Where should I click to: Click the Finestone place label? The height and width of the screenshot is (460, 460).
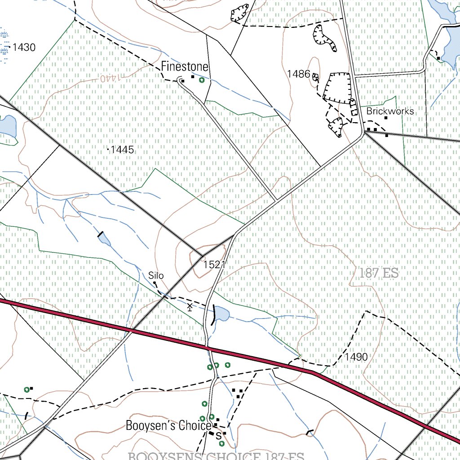coord(185,67)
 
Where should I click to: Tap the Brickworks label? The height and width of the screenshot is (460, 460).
coord(390,111)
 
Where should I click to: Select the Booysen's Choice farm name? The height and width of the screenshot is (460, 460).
coord(168,425)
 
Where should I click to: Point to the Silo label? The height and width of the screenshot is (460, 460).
coord(156,275)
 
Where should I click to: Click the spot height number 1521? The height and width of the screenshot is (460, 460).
coord(214,265)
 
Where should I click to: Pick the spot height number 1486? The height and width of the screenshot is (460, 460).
coord(299,73)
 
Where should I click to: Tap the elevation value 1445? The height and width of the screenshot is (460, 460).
coord(122,150)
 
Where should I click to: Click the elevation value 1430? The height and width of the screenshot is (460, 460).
coord(24,47)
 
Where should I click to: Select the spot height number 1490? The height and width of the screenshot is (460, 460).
coord(356,357)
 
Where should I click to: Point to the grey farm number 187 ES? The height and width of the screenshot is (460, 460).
coord(379,273)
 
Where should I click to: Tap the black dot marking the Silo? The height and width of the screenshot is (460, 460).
coord(155,283)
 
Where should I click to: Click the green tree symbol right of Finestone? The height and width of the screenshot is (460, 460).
coord(202,80)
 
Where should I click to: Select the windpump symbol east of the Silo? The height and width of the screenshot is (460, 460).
coord(190,307)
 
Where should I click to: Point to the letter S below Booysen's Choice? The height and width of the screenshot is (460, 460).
coord(219,435)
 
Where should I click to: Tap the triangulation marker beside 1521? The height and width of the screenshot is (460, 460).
coord(203,259)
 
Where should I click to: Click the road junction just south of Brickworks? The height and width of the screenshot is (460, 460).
coord(363,134)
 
